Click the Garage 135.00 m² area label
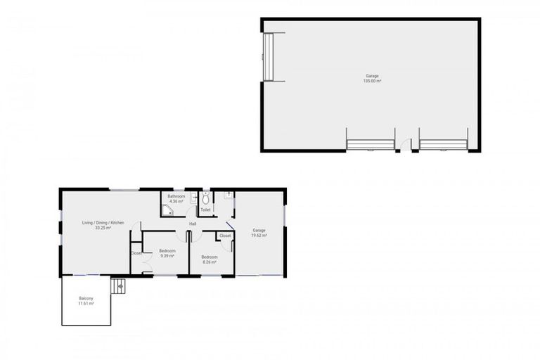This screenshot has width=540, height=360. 372,78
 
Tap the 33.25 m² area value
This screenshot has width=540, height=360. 103,229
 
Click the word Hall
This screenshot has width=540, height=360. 192,224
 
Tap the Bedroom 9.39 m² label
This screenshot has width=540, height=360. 167,253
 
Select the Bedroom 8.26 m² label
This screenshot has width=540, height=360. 210,259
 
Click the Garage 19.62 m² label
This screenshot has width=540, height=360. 259,233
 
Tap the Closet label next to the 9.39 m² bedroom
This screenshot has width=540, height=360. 136,253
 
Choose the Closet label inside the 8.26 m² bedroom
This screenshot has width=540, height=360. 225,236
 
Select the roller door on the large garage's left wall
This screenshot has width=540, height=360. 267,57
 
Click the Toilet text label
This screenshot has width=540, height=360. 205,210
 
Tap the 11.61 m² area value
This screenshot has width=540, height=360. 86,303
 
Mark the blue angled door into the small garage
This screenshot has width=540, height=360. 230,227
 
